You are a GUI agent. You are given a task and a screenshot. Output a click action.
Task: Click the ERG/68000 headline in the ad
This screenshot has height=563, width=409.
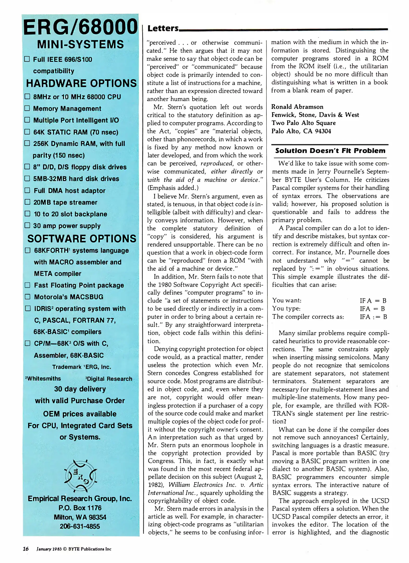80,27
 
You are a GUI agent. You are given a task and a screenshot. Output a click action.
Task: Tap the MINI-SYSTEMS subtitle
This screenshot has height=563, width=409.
80,44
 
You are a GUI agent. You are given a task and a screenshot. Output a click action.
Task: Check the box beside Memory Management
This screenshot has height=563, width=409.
27,108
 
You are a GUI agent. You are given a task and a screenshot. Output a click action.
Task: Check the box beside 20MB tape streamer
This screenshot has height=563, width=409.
27,202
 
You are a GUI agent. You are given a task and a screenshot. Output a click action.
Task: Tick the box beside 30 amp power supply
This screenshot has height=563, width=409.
27,225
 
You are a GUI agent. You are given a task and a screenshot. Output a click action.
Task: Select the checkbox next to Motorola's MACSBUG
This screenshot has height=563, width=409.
28,297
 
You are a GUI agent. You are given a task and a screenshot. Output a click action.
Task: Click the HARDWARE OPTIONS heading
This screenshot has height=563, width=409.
81,83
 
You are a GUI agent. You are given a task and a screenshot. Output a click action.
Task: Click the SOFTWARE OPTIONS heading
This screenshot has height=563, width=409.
82,239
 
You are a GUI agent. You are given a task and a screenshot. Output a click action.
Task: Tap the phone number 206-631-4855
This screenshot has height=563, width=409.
80,526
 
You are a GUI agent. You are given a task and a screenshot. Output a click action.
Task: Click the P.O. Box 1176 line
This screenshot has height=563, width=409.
80,508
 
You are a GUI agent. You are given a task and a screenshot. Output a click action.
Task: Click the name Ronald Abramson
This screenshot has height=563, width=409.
297,107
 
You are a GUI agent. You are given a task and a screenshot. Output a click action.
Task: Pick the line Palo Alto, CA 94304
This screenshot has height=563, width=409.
301,131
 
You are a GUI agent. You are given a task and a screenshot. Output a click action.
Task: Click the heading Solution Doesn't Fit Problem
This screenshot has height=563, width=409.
330,151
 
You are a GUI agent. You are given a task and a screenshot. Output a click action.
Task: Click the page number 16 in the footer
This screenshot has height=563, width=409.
26,549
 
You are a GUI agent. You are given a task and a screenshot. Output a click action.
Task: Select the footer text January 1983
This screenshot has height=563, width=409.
49,549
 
